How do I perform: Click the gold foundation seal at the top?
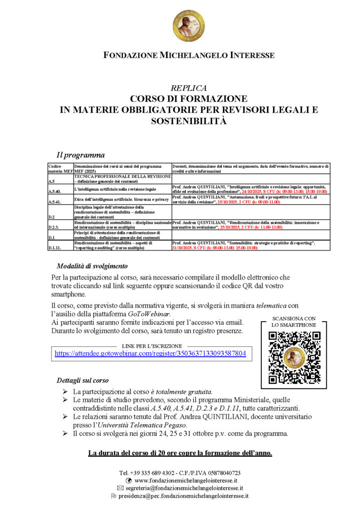click(x=189, y=25)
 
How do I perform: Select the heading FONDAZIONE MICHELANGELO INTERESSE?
click(x=188, y=55)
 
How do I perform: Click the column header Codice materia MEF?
click(x=60, y=168)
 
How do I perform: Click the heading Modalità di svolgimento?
click(x=92, y=266)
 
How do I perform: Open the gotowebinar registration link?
click(x=150, y=353)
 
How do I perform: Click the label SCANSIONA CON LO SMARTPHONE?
click(x=294, y=322)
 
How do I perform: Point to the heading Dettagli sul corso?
click(x=83, y=380)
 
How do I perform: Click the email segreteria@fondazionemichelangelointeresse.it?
click(x=184, y=487)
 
